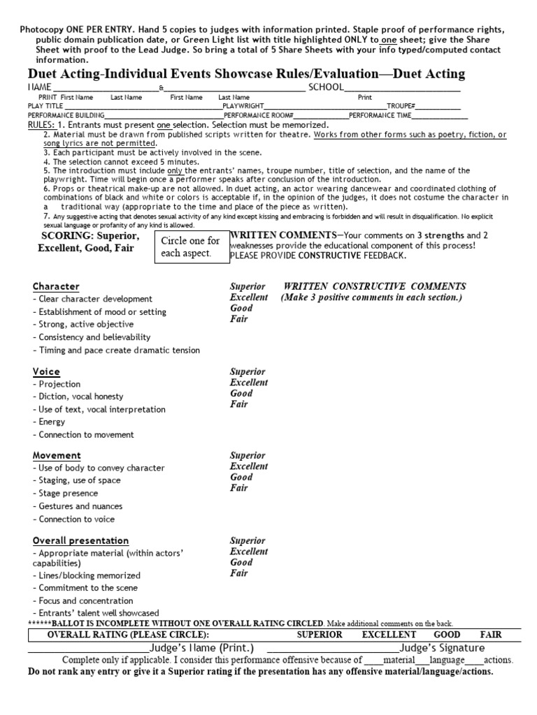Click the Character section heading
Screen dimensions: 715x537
[x=56, y=287]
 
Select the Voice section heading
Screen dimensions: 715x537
[x=46, y=371]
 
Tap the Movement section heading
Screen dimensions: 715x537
[x=57, y=455]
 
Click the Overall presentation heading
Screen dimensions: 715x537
[x=80, y=540]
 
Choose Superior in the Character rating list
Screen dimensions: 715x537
[x=248, y=287]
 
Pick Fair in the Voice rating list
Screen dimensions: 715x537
[x=238, y=404]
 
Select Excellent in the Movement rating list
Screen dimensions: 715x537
[x=248, y=466]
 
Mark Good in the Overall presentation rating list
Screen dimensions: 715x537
[x=241, y=562]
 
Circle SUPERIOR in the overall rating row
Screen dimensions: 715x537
[x=320, y=635]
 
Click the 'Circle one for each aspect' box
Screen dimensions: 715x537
[x=190, y=246]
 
